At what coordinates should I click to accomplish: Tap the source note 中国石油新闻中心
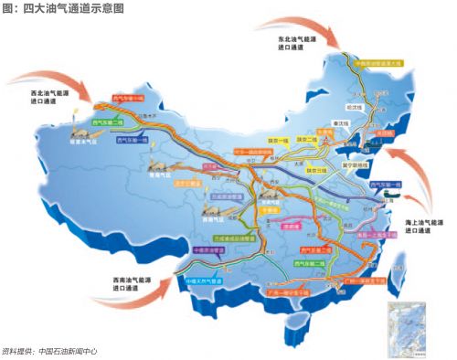coord(66,351)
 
